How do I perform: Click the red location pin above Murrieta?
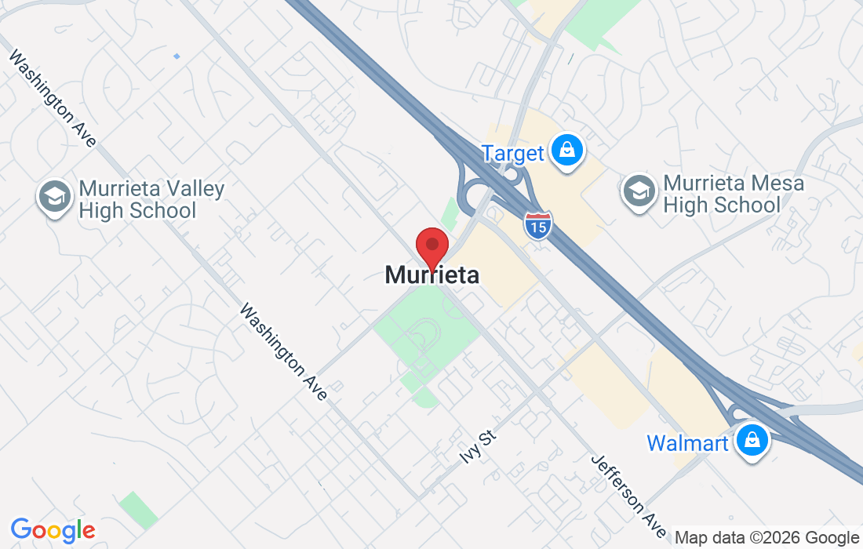click(431, 246)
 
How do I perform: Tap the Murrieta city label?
click(431, 274)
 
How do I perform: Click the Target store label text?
click(512, 153)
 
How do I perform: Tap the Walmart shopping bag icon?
click(752, 440)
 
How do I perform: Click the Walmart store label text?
click(687, 443)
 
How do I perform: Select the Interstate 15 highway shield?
click(538, 225)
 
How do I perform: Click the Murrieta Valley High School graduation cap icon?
click(55, 197)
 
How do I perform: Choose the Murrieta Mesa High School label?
click(723, 195)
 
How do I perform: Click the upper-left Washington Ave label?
click(53, 99)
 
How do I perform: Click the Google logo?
click(53, 530)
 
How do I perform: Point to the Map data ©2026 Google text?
click(767, 538)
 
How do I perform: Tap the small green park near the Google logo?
click(138, 510)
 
